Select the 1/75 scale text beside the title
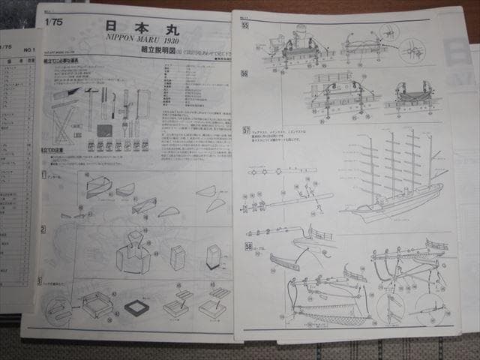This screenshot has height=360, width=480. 54,21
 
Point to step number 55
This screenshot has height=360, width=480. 245,25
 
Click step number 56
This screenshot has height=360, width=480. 245,73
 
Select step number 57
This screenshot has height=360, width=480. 246,130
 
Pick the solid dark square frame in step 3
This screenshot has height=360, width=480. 137,307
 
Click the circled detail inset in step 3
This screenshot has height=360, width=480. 57,309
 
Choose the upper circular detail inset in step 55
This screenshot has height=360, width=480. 389,32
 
